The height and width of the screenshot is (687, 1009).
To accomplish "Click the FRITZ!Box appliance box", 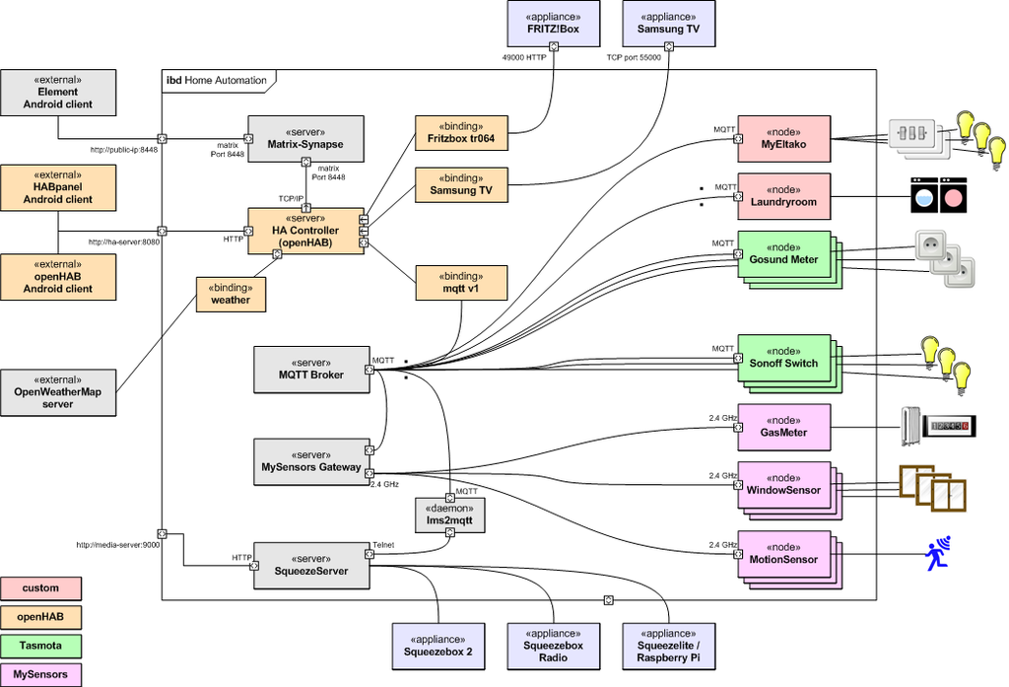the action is point(554,24).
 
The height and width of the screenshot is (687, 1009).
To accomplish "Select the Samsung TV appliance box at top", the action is point(669,24).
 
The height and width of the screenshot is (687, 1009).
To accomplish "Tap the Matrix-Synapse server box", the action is point(305,139).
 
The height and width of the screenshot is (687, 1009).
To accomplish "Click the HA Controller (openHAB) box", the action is point(305,231).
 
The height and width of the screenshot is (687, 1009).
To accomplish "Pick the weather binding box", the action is point(231,295).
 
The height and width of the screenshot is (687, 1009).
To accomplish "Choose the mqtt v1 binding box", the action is point(461,283).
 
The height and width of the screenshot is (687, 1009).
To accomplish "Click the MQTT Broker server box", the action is point(311,370).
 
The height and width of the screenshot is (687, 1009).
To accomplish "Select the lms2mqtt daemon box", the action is point(449,515).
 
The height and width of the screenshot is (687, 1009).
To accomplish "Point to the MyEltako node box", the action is point(783,139).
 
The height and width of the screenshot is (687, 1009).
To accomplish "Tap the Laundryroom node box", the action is point(783,196).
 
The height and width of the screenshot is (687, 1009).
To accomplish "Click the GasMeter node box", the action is point(783,427).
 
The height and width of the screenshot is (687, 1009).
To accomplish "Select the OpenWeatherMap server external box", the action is point(58,392).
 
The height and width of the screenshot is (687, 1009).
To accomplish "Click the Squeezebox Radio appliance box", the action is point(554,647).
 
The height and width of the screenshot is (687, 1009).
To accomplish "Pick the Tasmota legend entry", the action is point(40,646).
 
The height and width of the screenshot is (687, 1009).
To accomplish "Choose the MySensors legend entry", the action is point(40,675).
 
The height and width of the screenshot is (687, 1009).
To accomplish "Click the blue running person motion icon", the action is point(938,553).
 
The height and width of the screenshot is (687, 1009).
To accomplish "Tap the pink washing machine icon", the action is point(953,196).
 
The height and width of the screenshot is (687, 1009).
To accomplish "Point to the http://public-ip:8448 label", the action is point(123,150).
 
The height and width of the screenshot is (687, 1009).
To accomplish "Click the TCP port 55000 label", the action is point(634,57).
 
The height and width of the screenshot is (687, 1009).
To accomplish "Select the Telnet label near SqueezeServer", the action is point(383,545).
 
